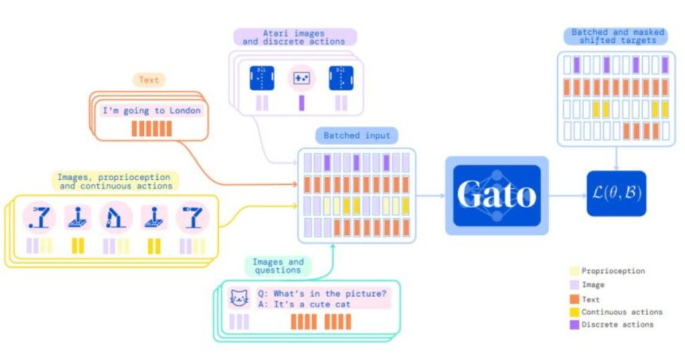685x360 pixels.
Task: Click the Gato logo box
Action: pos(496,195)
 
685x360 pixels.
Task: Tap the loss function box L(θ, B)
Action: pos(616,193)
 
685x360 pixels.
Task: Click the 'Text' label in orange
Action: pos(149,80)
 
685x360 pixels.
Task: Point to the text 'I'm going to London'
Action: pos(151,110)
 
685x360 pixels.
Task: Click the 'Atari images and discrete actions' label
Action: pos(294,36)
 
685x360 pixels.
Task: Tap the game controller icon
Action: pos(301,78)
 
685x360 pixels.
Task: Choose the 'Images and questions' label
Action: pos(278,266)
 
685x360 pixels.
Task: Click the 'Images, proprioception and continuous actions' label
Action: pos(114,181)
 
